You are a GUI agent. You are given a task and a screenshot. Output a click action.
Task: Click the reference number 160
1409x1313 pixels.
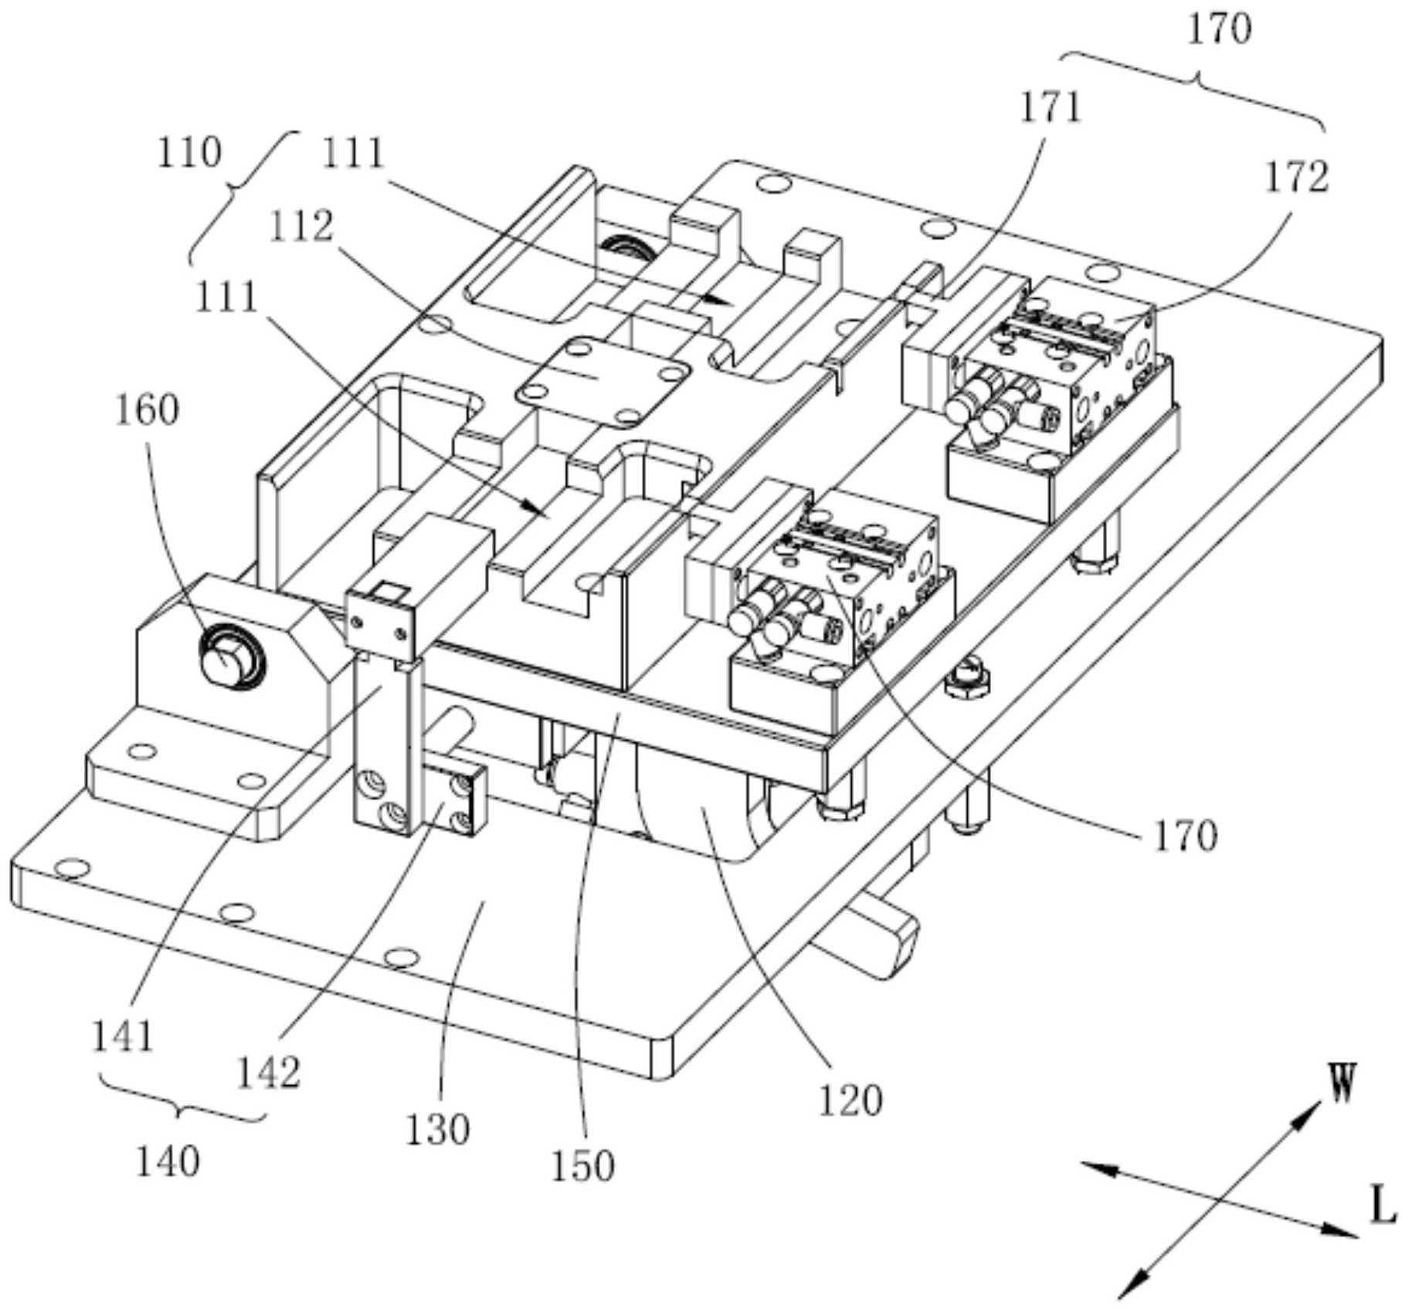[x=147, y=410]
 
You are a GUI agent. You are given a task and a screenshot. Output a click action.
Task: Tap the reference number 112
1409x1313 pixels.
[x=301, y=226]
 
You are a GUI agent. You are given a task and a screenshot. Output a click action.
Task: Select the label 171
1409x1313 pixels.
[x=1050, y=107]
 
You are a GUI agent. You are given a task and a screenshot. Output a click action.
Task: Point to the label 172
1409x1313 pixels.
[x=1296, y=177]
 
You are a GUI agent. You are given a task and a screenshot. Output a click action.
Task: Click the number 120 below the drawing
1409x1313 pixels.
[x=850, y=1101]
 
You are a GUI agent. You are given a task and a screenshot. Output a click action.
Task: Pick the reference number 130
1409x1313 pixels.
[x=437, y=1130]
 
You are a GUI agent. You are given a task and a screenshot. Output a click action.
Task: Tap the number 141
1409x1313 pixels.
[x=123, y=1036]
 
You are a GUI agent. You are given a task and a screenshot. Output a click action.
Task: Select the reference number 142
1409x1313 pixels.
[x=267, y=1072]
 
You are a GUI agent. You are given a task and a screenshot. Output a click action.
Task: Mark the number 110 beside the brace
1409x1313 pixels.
[x=189, y=152]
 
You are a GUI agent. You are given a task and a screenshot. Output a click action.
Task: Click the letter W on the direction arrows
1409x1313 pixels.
[x=1343, y=1083]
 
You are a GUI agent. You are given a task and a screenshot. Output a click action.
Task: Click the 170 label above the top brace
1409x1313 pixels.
[x=1219, y=29]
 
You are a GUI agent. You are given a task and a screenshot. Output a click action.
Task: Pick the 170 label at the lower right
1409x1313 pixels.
[x=1185, y=836]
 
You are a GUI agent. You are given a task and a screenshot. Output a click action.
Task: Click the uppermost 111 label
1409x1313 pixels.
[x=353, y=154]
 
